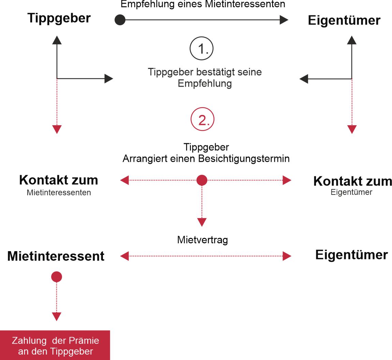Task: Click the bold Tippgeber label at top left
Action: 59,18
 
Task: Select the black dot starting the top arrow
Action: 120,20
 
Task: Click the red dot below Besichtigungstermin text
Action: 202,180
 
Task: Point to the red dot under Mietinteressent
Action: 57,277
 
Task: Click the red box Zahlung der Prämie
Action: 55,345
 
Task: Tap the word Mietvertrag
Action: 202,240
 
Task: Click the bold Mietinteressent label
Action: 56,256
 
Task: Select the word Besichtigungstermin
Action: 244,159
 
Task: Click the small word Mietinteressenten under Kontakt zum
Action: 59,192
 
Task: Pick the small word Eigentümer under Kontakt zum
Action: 351,192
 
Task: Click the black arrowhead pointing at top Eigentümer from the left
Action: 284,20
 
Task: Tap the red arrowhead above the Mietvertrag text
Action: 202,222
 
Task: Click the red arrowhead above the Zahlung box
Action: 57,317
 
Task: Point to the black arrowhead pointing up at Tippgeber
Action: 57,40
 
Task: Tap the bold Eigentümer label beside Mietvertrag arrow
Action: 351,255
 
